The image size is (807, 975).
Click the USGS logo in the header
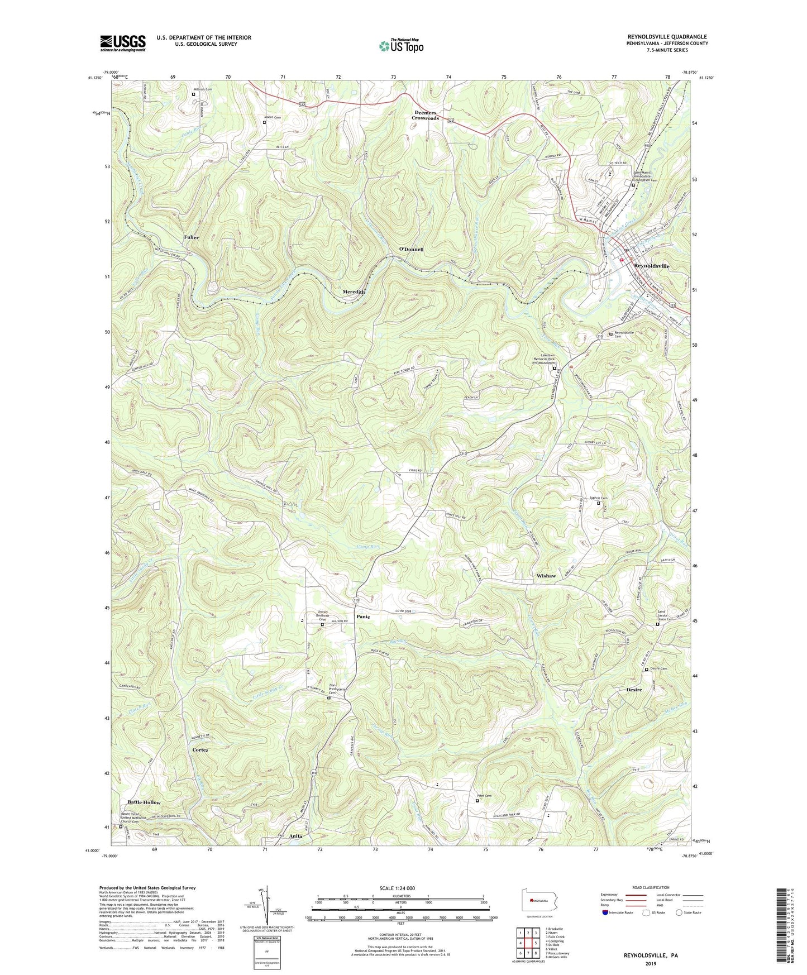click(x=123, y=43)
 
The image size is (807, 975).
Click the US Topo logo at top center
click(x=400, y=46)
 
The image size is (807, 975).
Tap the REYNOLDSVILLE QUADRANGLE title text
click(x=666, y=37)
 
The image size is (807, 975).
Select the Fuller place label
click(x=191, y=237)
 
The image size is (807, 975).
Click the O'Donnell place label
click(x=411, y=249)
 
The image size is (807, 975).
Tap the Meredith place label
click(x=353, y=292)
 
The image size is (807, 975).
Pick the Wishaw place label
click(x=546, y=576)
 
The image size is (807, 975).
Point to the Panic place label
click(x=363, y=617)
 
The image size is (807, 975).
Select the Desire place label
click(x=631, y=690)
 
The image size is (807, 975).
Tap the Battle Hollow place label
click(x=144, y=802)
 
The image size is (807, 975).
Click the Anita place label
click(x=295, y=836)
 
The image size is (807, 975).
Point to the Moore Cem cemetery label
click(x=272, y=117)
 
